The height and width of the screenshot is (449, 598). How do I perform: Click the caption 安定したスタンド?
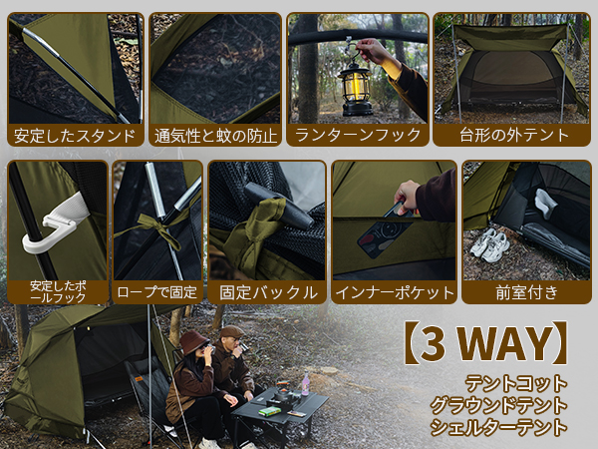pyautogui.click(x=73, y=135)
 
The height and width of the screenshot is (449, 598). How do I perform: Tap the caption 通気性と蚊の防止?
pyautogui.click(x=215, y=135)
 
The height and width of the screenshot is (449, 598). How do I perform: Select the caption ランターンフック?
pyautogui.click(x=355, y=135)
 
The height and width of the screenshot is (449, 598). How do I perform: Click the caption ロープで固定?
pyautogui.click(x=157, y=292)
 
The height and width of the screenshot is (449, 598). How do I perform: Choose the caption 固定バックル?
pyautogui.click(x=266, y=292)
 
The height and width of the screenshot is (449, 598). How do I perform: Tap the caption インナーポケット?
pyautogui.click(x=395, y=292)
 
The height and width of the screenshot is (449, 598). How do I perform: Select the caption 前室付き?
pyautogui.click(x=526, y=292)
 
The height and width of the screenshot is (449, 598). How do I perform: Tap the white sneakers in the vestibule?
pyautogui.click(x=489, y=243)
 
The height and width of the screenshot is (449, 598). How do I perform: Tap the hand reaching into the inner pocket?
pyautogui.click(x=407, y=194)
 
